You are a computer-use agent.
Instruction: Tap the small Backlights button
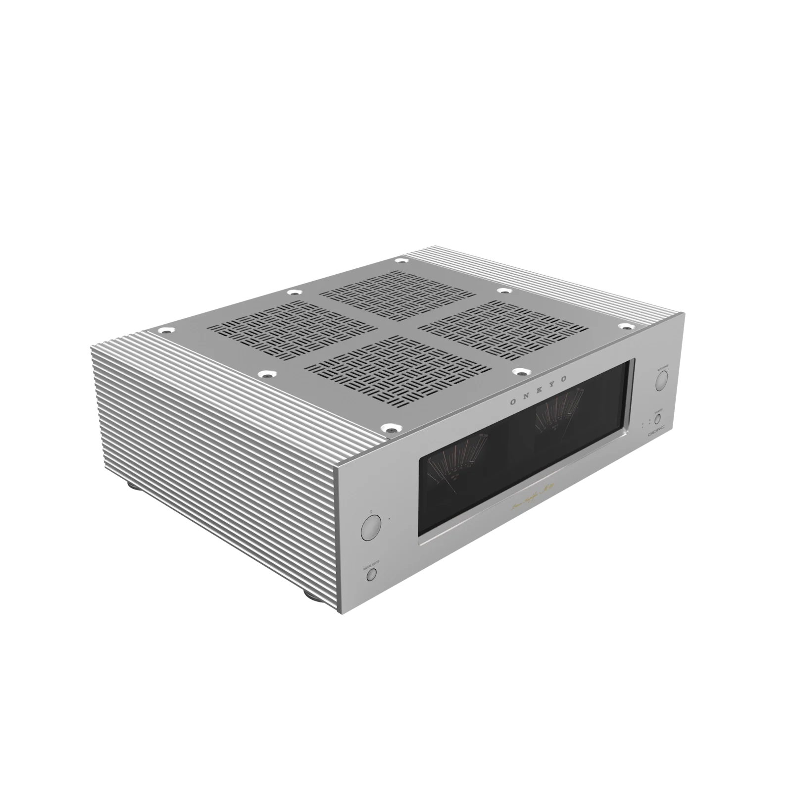point(371,574)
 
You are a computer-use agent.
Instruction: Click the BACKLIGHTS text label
point(371,562)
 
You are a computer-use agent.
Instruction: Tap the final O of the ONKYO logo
point(565,379)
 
